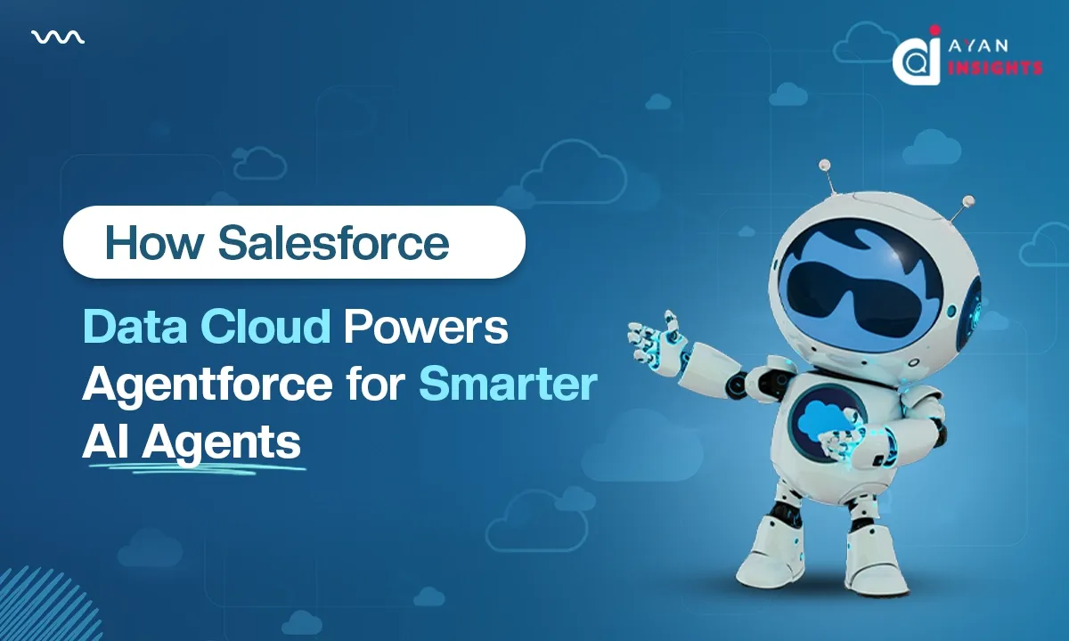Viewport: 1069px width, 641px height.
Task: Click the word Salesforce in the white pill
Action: [333, 243]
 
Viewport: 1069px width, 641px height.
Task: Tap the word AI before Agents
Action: [103, 442]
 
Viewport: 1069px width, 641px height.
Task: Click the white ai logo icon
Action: [917, 55]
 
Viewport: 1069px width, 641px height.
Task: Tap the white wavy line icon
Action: [58, 37]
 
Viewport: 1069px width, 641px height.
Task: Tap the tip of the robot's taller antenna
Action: [825, 165]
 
